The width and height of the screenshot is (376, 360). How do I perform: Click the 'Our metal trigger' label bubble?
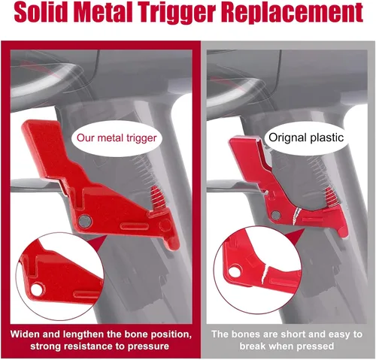(x=117, y=138)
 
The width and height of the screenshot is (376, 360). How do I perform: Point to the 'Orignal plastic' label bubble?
(x=306, y=138)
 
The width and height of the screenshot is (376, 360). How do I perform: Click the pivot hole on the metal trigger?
(x=85, y=221)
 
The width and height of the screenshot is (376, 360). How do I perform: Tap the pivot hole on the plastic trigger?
(x=275, y=216)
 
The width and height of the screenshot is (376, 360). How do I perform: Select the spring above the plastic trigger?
(x=332, y=198)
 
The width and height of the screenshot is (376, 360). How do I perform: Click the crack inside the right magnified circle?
(x=265, y=274)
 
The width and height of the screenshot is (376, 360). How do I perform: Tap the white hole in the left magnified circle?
(x=37, y=289)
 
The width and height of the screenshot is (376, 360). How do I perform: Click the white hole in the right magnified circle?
(x=235, y=272)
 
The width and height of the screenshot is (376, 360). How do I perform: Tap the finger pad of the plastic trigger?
(x=247, y=156)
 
